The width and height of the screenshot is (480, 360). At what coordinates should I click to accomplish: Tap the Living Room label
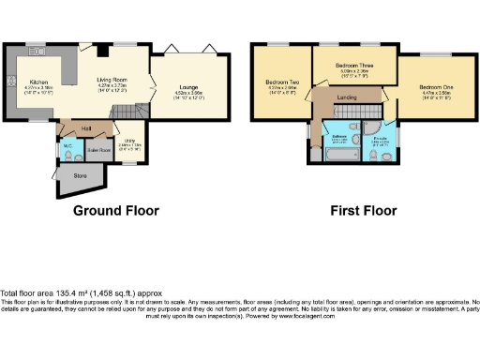[x=112, y=81]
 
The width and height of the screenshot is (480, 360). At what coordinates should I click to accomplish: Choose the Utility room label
[x=129, y=140]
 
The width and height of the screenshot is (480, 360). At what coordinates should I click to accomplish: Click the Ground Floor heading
[x=116, y=210]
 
